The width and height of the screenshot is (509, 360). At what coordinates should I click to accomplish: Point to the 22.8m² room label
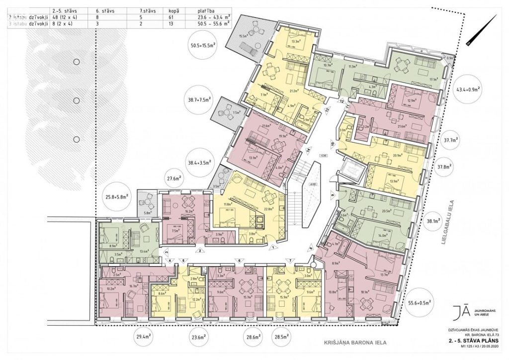pos(268,209)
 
